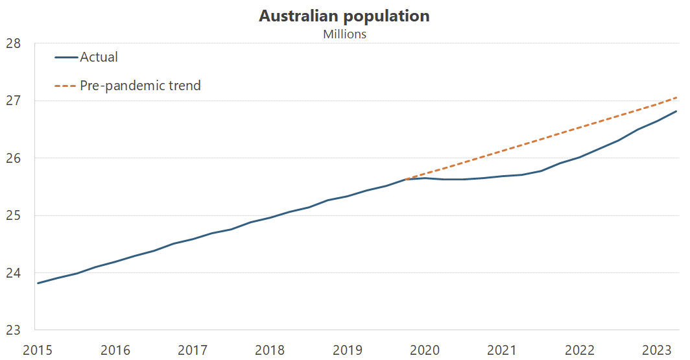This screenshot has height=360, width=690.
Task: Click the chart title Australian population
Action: point(344,16)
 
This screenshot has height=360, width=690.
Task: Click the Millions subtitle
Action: point(344,34)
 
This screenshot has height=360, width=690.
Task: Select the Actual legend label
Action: point(99,57)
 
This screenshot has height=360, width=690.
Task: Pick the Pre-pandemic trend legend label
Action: point(140,85)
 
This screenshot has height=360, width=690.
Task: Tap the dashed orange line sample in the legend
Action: point(65,86)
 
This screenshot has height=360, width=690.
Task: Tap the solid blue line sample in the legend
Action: point(65,58)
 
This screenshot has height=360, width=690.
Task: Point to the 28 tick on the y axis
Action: point(13,43)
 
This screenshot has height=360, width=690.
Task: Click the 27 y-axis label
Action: point(13,101)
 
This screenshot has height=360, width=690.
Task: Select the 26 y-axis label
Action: point(13,158)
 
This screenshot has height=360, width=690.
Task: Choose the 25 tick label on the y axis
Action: point(13,215)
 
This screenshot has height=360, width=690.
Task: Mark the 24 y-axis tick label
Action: point(13,272)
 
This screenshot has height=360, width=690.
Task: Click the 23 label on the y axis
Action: point(13,330)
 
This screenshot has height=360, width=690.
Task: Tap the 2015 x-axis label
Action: point(38,350)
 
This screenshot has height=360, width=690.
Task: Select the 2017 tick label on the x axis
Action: point(192,350)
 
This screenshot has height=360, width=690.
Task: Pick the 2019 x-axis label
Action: point(347,350)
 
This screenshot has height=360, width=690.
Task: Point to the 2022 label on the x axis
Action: point(579,350)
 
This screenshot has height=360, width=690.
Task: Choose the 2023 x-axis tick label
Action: point(656,350)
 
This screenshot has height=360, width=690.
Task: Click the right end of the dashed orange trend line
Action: point(677,97)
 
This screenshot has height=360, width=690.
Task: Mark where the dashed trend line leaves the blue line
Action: point(406,179)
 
